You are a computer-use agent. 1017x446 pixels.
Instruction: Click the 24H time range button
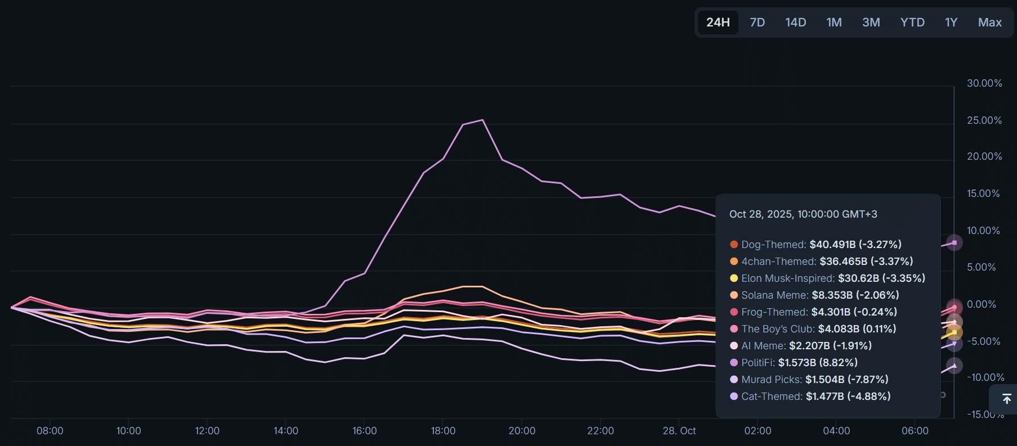(x=718, y=22)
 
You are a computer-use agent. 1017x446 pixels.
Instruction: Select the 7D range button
(x=757, y=22)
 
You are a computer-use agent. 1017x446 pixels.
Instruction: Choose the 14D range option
(x=795, y=22)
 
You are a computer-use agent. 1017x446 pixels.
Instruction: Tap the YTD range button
(x=912, y=22)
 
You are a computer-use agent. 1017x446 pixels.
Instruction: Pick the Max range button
(x=989, y=22)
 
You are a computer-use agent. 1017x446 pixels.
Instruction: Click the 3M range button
(x=871, y=22)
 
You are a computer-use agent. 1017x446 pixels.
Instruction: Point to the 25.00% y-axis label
(x=984, y=120)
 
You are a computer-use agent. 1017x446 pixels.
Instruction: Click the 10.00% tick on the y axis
(x=984, y=231)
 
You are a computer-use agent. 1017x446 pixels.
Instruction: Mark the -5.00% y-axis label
(x=984, y=341)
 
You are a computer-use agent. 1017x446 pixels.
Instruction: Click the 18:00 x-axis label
(x=443, y=431)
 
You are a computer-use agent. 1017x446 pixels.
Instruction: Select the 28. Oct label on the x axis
(x=679, y=431)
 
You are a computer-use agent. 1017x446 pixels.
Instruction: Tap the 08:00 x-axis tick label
(x=50, y=431)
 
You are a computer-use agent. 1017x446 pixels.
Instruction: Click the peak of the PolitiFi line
(x=482, y=120)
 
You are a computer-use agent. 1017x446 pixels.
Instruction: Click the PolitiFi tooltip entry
(x=794, y=363)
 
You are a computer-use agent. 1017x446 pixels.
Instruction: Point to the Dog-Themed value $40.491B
(x=832, y=245)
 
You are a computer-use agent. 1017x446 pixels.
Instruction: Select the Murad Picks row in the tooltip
(x=809, y=380)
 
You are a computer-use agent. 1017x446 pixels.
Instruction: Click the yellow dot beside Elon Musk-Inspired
(x=734, y=278)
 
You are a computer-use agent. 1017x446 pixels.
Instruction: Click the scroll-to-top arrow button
(x=1006, y=399)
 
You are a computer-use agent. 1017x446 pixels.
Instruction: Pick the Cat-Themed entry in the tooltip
(x=810, y=397)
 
